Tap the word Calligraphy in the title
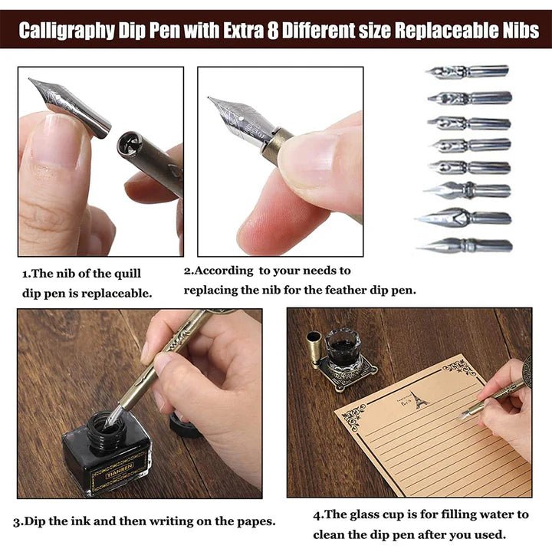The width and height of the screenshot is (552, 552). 66,31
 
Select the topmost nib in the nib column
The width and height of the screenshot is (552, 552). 468,72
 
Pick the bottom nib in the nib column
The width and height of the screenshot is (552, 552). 465,246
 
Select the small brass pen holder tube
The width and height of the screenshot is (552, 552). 314,349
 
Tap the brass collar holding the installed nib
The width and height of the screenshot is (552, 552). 276,143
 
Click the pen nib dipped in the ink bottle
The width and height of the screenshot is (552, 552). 114,415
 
